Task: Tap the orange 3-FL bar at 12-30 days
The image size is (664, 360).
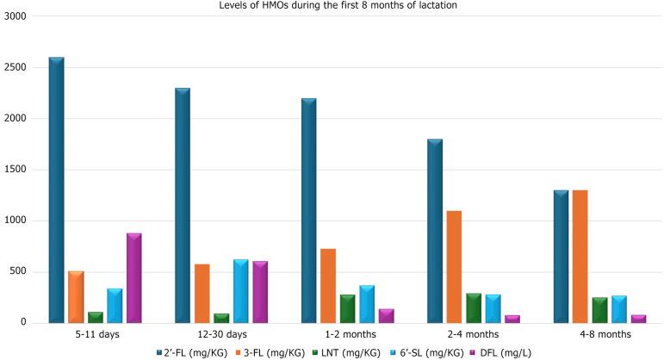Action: click(202, 294)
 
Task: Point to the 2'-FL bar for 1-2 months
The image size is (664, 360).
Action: click(309, 211)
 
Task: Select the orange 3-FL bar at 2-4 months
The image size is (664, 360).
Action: click(455, 267)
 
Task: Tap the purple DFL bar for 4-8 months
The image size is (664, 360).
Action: click(638, 319)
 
